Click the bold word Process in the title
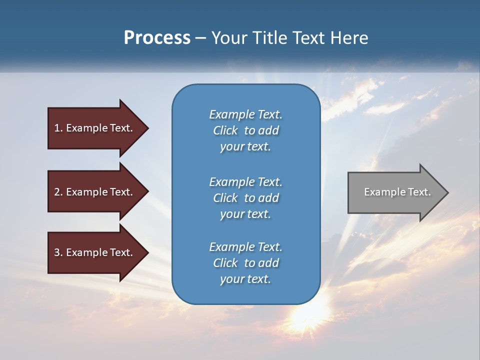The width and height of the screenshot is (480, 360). point(157,38)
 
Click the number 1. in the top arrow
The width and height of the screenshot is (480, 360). point(58,128)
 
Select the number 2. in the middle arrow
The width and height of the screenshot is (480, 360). point(58,192)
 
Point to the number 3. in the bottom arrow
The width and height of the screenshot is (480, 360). point(58,252)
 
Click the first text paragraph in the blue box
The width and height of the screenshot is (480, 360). point(245,130)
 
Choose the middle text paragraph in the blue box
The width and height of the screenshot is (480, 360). point(245,198)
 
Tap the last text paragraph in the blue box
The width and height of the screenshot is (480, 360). point(245,263)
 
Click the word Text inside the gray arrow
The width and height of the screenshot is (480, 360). point(419,192)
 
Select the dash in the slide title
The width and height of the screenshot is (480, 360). point(201,38)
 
